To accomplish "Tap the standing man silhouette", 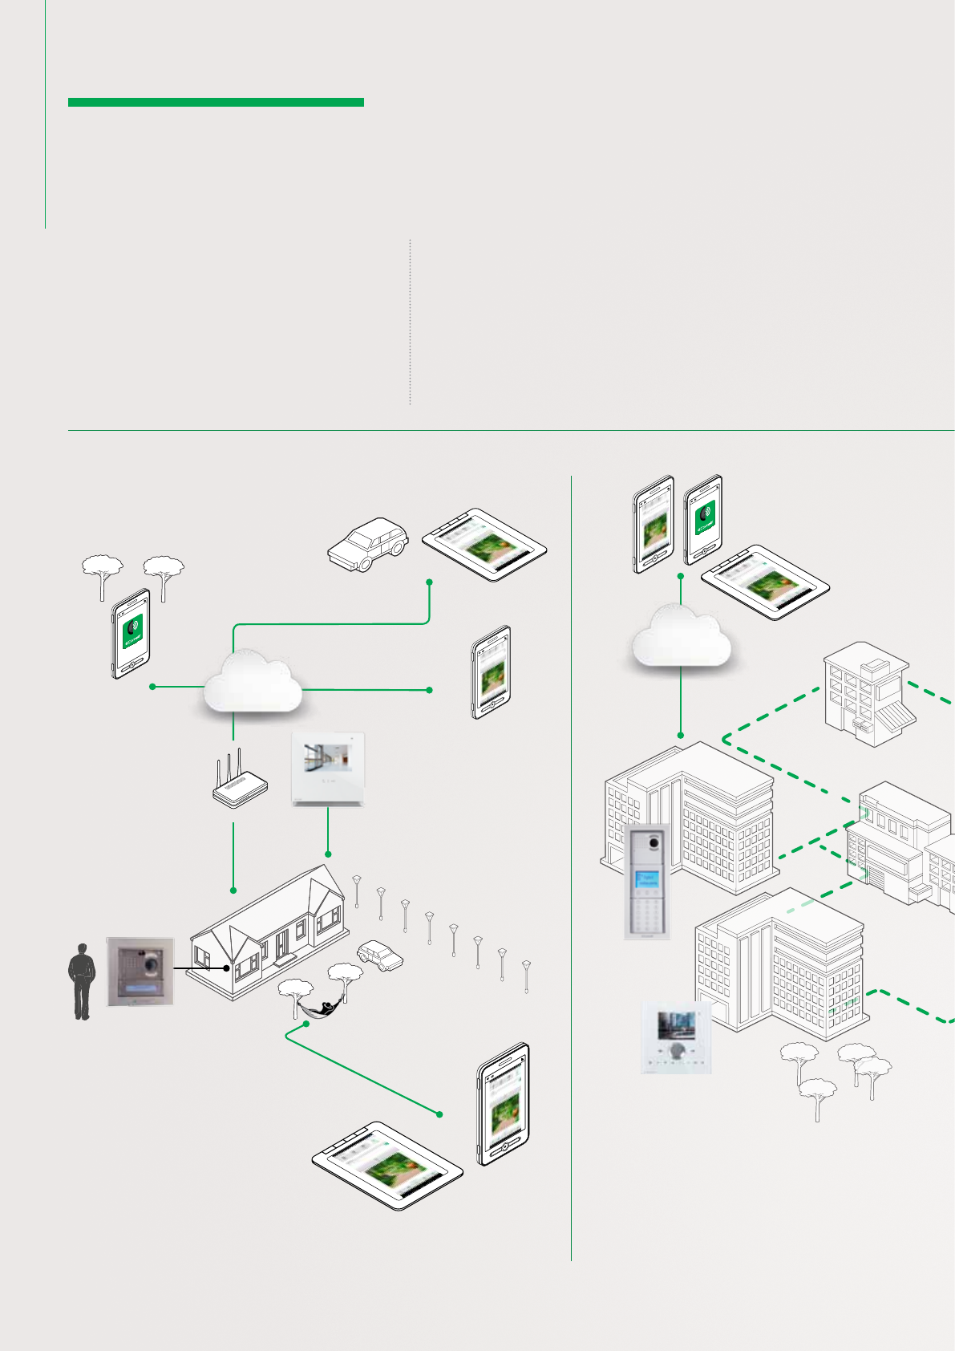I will pos(81,981).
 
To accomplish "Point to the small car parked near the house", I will pos(380,954).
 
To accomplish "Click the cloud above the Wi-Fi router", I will pos(252,683).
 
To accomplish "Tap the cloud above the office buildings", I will pos(681,639).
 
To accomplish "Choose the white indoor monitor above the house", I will pos(328,769).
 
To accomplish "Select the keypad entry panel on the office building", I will pos(647,880).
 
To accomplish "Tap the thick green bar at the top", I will pos(216,102).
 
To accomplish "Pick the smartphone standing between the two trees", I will pos(131,634).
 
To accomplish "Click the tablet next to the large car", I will pos(484,546).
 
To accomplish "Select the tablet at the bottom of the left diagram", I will pos(387,1165).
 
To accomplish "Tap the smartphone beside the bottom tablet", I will pos(504,1104).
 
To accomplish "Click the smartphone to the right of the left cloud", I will pos(491,672).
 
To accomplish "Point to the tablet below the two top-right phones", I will pos(765,582).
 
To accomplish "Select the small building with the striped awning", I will pos(868,693).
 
